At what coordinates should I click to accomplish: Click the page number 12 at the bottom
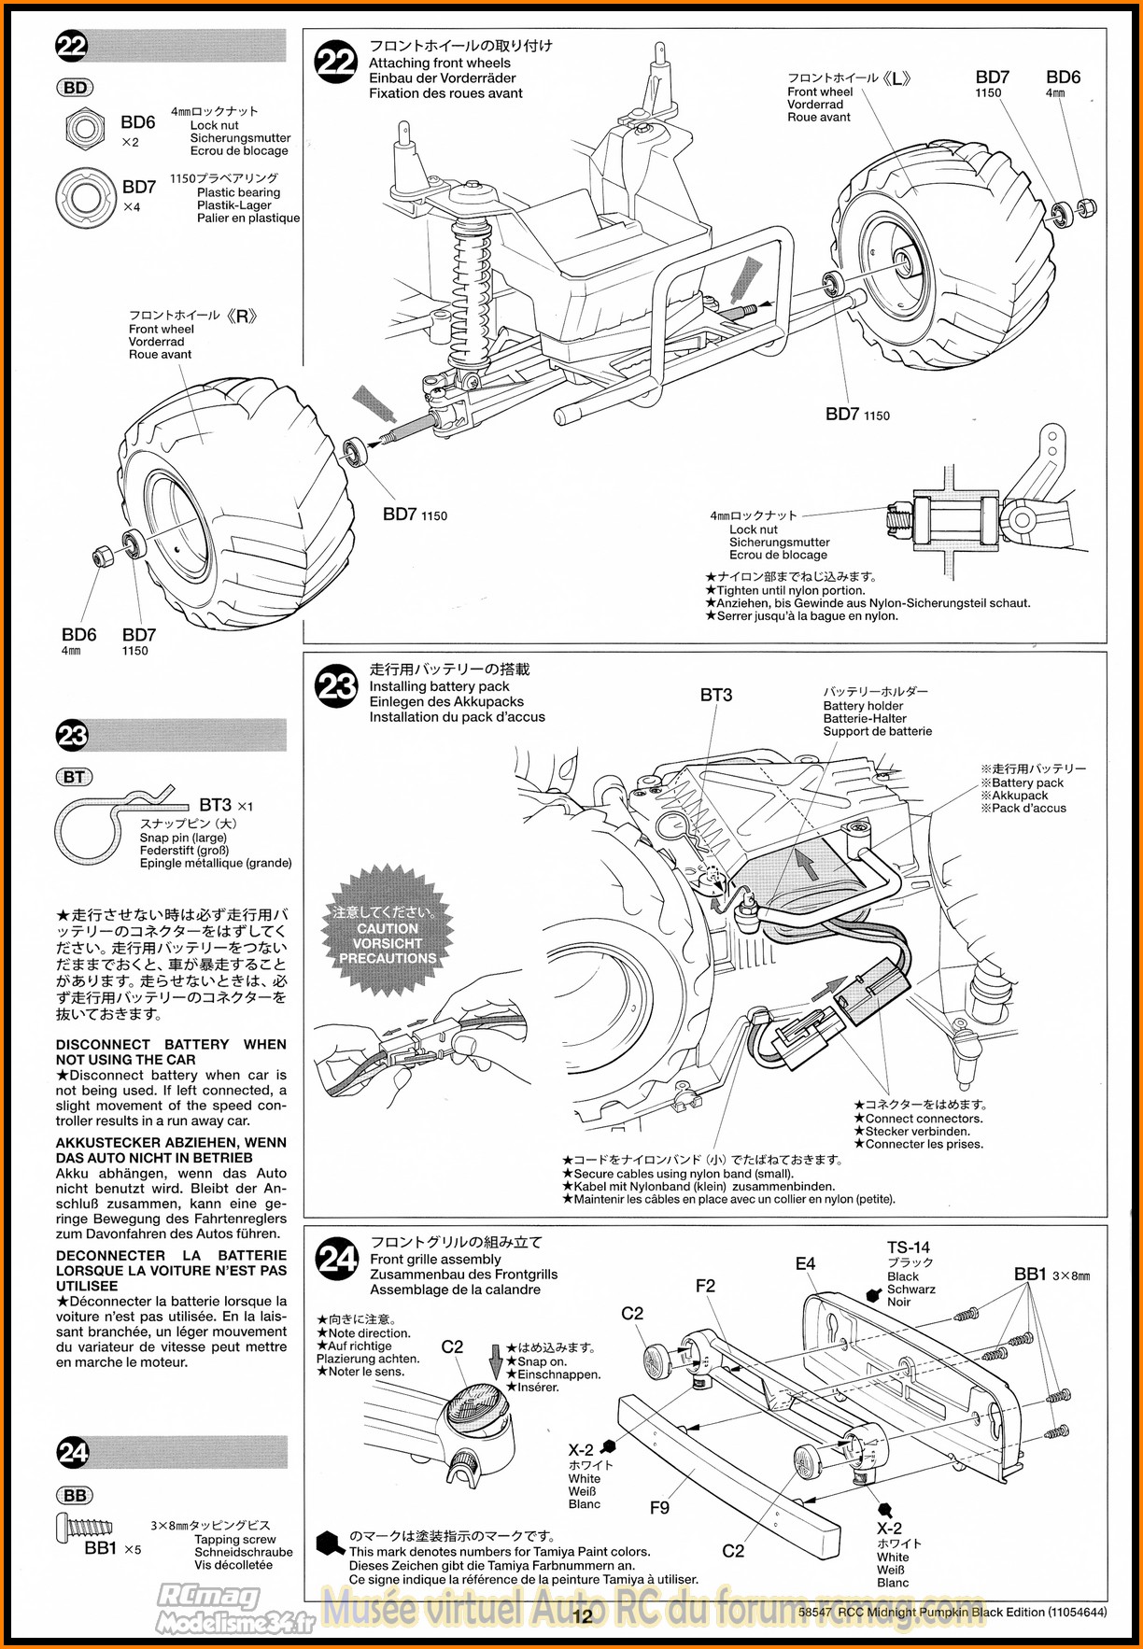pos(583,1616)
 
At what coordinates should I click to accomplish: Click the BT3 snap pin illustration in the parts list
pos(112,822)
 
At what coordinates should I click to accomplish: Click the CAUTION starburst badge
pos(388,937)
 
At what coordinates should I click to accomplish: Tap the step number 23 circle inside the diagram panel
pos(336,686)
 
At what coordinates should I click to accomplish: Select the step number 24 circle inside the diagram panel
pos(337,1260)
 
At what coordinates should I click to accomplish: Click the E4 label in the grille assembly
pos(805,1263)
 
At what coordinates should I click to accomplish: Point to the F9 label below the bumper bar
pos(659,1508)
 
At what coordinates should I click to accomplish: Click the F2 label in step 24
pos(705,1286)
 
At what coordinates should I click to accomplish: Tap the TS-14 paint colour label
pos(908,1247)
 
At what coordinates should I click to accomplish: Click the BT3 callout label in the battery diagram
pos(716,695)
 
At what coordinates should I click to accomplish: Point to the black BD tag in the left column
pos(75,88)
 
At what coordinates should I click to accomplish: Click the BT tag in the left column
pos(75,777)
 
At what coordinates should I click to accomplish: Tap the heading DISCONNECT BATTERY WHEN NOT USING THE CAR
pos(171,1051)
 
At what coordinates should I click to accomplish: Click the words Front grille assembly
pos(435,1259)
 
